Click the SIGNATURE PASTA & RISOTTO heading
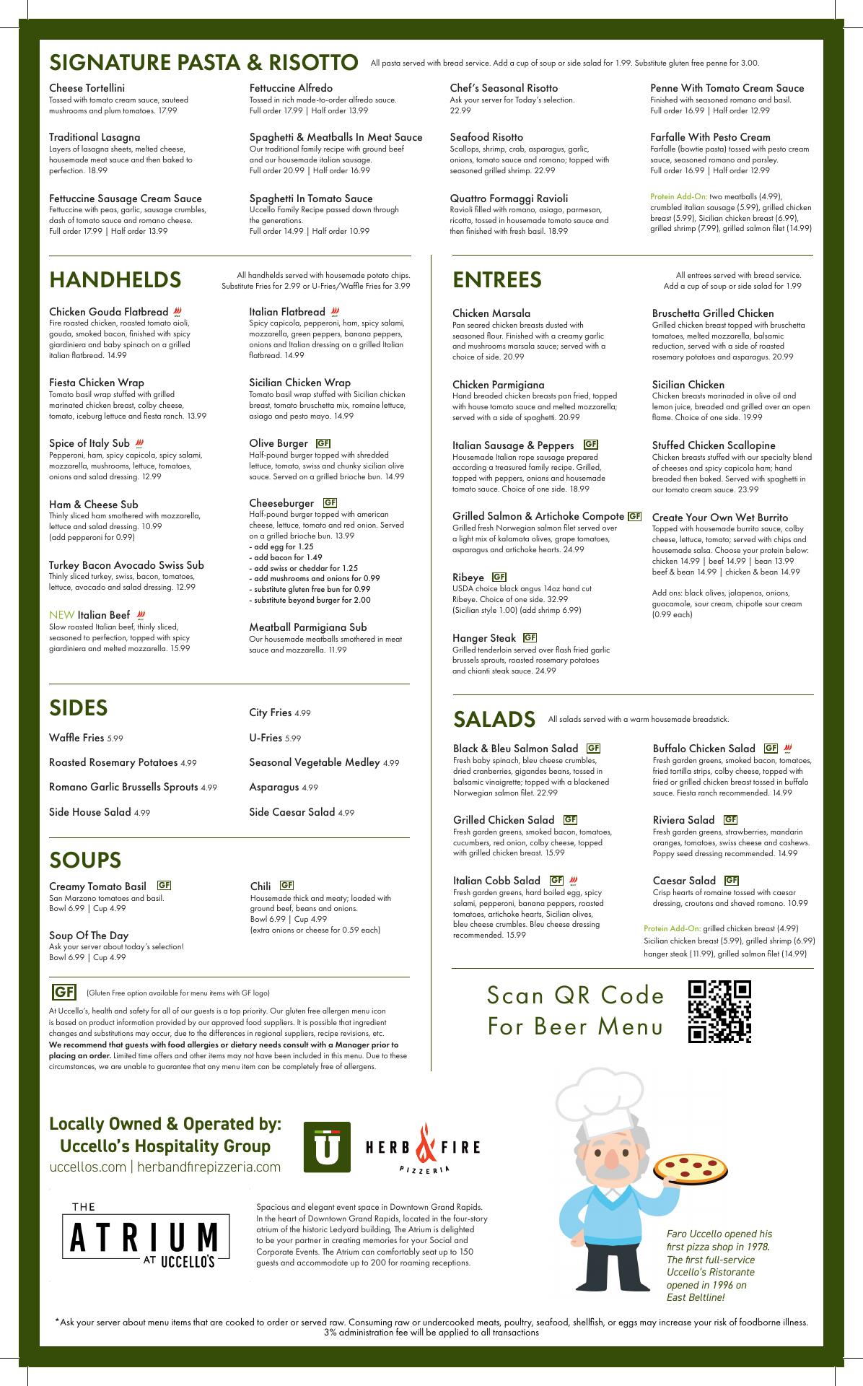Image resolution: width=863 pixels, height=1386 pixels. (203, 62)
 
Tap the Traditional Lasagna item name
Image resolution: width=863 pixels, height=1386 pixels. (95, 137)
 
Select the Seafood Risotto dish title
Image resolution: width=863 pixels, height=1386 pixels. (486, 137)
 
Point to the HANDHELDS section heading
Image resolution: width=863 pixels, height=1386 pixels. (115, 279)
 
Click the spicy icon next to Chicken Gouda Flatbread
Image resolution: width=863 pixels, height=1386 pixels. (178, 312)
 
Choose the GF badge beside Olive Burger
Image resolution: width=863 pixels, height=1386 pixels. (323, 443)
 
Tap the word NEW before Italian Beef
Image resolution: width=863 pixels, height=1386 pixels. (61, 615)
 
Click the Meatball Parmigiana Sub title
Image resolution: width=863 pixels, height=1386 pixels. (307, 627)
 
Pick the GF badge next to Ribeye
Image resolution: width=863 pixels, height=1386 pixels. (499, 577)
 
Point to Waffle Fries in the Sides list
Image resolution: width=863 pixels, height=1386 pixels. (76, 738)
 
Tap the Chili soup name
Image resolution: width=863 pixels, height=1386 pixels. (260, 886)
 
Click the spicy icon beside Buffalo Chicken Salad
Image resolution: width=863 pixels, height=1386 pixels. (788, 749)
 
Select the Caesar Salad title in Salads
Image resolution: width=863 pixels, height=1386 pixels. (684, 881)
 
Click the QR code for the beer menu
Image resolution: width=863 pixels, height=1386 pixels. (719, 1011)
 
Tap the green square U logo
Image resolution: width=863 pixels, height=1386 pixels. (327, 1146)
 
